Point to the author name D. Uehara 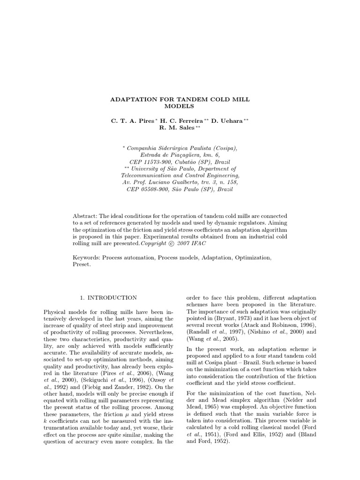(x=227, y=120)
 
